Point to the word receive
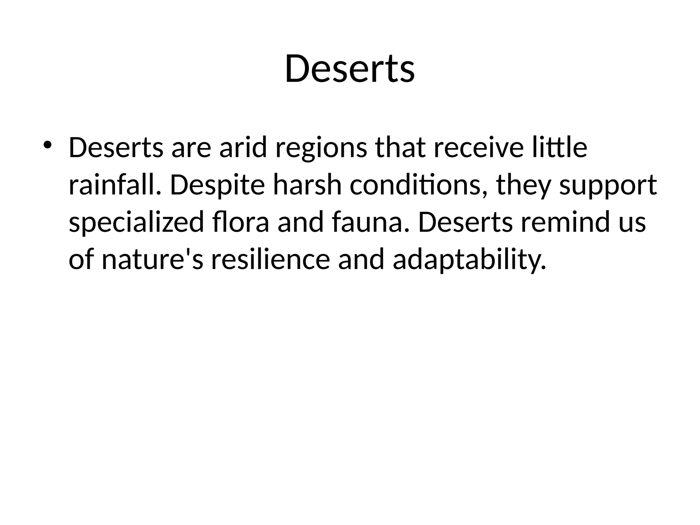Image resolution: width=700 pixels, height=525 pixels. point(479,148)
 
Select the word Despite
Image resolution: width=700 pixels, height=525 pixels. point(217,186)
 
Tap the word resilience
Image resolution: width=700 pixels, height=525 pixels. point(270,260)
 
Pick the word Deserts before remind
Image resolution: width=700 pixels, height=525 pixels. point(465,223)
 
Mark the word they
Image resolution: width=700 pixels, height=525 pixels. point(523,186)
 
